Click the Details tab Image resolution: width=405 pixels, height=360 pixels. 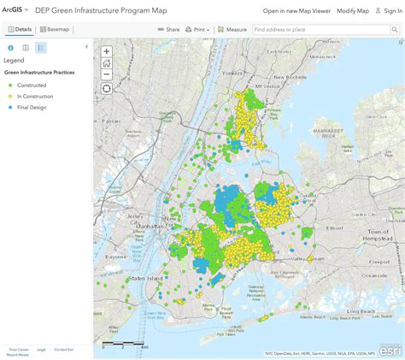point(20,29)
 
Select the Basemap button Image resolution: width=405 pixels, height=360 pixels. point(56,29)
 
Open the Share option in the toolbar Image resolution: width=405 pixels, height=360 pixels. point(169,29)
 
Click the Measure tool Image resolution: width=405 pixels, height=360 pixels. point(232,29)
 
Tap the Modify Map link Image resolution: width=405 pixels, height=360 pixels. point(353,10)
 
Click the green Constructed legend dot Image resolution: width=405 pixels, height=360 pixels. point(8,84)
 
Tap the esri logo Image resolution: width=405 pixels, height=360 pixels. point(390,350)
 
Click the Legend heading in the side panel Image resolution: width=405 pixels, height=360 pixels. point(14,61)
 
